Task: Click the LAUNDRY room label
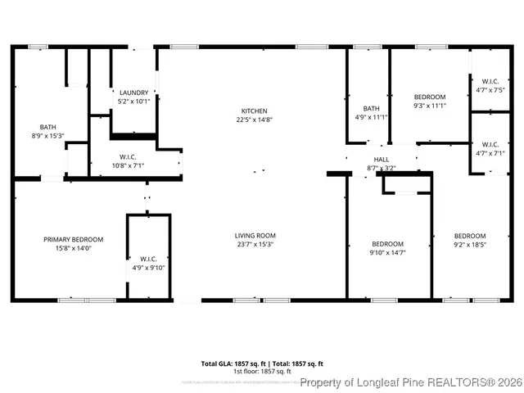(x=133, y=93)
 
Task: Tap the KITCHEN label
(x=254, y=111)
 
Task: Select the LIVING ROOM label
(x=255, y=235)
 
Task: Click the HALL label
(x=382, y=159)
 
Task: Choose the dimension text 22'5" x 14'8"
(x=254, y=120)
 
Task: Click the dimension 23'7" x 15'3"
(x=255, y=244)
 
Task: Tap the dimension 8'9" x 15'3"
(x=48, y=136)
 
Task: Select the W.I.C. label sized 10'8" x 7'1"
(x=128, y=156)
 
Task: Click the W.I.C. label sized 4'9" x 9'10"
(x=148, y=259)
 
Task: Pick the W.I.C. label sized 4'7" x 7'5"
(x=490, y=81)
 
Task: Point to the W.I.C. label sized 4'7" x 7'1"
(x=490, y=144)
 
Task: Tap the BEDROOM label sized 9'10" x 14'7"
(x=387, y=244)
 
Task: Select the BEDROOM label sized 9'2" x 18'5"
(x=470, y=236)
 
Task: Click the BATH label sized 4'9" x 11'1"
(x=372, y=108)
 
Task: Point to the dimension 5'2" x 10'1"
(x=133, y=102)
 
